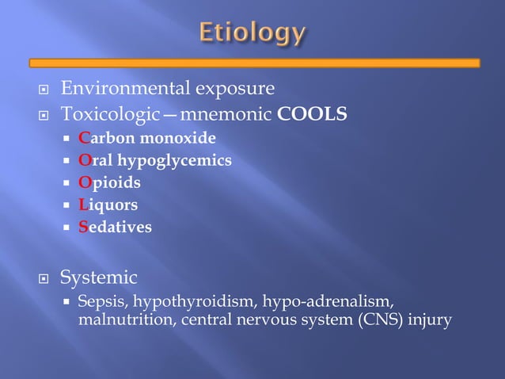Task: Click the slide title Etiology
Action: click(x=252, y=33)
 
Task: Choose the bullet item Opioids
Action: click(x=109, y=182)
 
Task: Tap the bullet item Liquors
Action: click(x=108, y=205)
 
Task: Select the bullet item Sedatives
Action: click(x=115, y=227)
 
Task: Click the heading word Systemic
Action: click(x=99, y=278)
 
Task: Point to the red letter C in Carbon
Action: click(x=84, y=138)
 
